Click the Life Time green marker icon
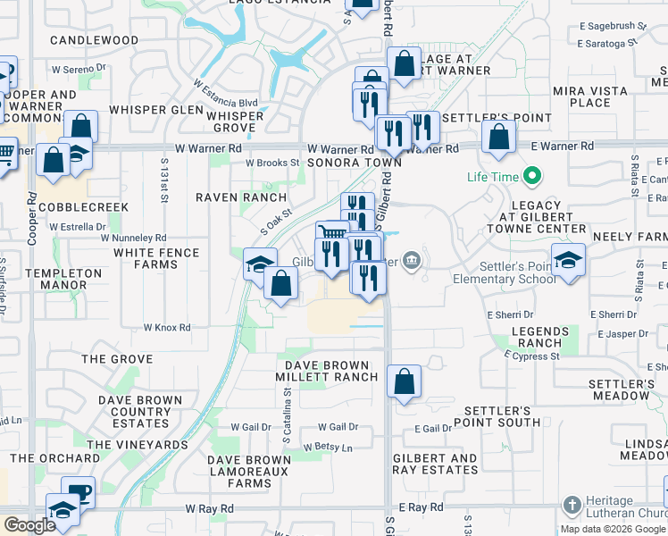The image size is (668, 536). (x=531, y=177)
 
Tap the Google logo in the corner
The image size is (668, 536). (x=29, y=525)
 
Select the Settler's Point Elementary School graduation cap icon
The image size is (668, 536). (x=568, y=261)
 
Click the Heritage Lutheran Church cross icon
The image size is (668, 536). (x=572, y=505)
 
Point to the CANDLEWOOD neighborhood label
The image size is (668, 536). (x=95, y=40)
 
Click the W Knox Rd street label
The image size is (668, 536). (x=167, y=328)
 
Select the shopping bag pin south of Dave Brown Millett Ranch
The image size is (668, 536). (x=405, y=381)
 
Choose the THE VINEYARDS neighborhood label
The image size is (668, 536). (x=138, y=444)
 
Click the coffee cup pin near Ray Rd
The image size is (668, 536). (x=79, y=492)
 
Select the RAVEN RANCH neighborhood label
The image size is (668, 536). (x=241, y=197)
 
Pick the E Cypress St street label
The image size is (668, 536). (x=531, y=356)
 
